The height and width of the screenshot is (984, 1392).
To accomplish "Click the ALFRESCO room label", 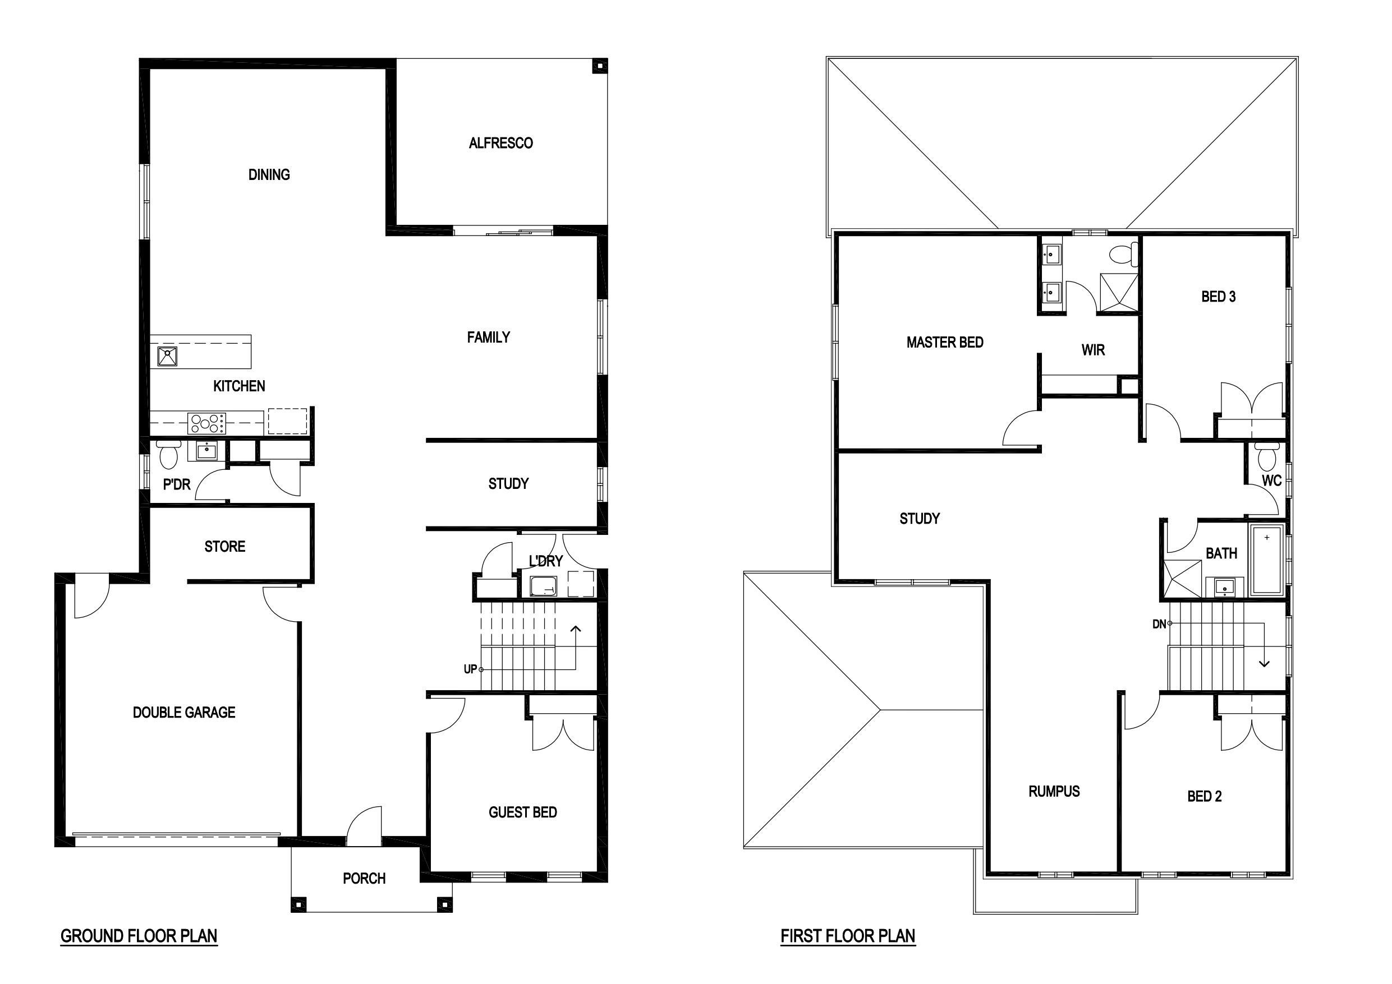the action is click(x=501, y=143).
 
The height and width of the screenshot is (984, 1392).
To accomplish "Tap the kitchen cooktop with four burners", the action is click(x=206, y=423).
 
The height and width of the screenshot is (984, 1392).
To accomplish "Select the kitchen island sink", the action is click(x=167, y=356).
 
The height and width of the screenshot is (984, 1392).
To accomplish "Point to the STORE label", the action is click(x=225, y=547).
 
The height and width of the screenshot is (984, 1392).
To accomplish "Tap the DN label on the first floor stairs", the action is click(x=1159, y=624).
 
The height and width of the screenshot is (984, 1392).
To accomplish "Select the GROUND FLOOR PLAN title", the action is click(x=139, y=936).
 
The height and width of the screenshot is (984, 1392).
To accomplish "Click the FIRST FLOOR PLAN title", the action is click(x=848, y=936).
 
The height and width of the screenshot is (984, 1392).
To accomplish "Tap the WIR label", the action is click(x=1093, y=350).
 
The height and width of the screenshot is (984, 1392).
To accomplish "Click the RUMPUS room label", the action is click(x=1054, y=791).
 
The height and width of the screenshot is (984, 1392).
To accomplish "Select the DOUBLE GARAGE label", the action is click(x=184, y=713).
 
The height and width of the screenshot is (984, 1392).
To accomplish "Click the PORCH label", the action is click(x=364, y=879).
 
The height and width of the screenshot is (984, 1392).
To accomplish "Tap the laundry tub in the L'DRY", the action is click(x=543, y=586).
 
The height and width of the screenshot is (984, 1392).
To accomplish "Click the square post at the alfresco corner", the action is click(x=599, y=66).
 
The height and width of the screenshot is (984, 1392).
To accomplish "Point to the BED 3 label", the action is click(x=1219, y=297).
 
